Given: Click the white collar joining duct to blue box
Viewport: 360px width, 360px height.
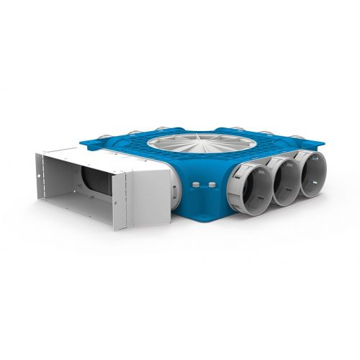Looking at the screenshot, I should coord(155,189).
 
